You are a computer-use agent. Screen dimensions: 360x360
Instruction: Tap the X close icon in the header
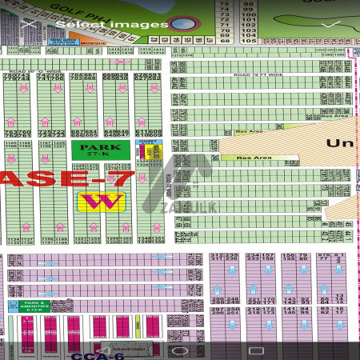click(30, 24)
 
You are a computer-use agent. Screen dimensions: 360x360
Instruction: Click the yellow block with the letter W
click(101, 201)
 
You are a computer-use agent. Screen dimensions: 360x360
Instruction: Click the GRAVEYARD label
click(132, 350)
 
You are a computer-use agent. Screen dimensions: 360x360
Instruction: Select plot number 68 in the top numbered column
click(224, 41)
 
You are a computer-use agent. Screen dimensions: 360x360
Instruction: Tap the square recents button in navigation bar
click(256, 350)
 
